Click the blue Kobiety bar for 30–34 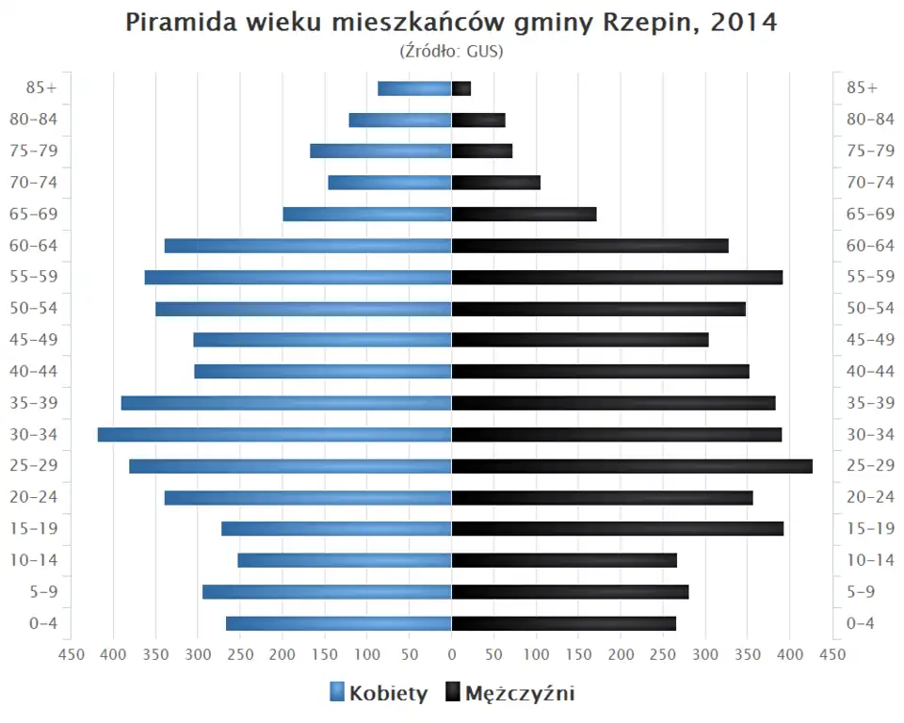click(x=274, y=435)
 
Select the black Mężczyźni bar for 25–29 click(x=632, y=466)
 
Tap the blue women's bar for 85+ click(x=414, y=88)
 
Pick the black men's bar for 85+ click(x=461, y=88)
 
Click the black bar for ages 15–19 click(x=618, y=529)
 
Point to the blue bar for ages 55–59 click(x=298, y=277)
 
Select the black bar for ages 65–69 click(x=524, y=214)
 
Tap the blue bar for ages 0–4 click(x=339, y=623)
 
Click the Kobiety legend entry click(x=379, y=694)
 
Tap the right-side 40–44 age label click(x=870, y=371)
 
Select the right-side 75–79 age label click(x=870, y=151)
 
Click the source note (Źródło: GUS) click(x=452, y=51)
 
